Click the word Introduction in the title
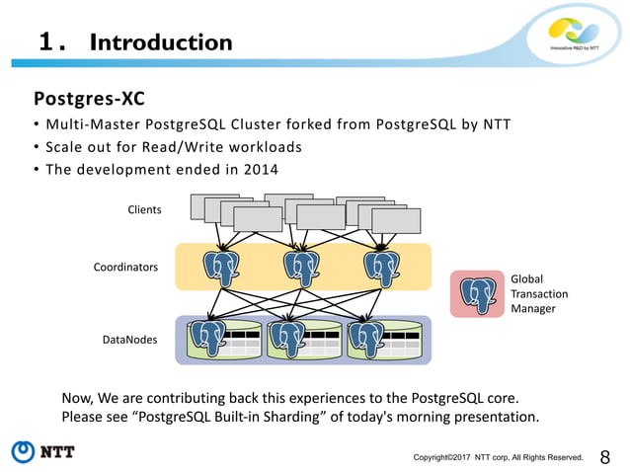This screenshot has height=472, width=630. pyautogui.click(x=161, y=42)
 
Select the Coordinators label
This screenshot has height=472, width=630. pyautogui.click(x=125, y=267)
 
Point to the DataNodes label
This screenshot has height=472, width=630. pyautogui.click(x=129, y=339)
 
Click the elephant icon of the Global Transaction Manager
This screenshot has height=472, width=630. pyautogui.click(x=479, y=293)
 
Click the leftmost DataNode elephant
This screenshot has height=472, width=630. pyautogui.click(x=207, y=338)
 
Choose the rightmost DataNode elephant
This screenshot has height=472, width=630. pyautogui.click(x=366, y=338)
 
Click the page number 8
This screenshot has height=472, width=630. pyautogui.click(x=605, y=456)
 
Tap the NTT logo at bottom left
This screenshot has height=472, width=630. pyautogui.click(x=43, y=452)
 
